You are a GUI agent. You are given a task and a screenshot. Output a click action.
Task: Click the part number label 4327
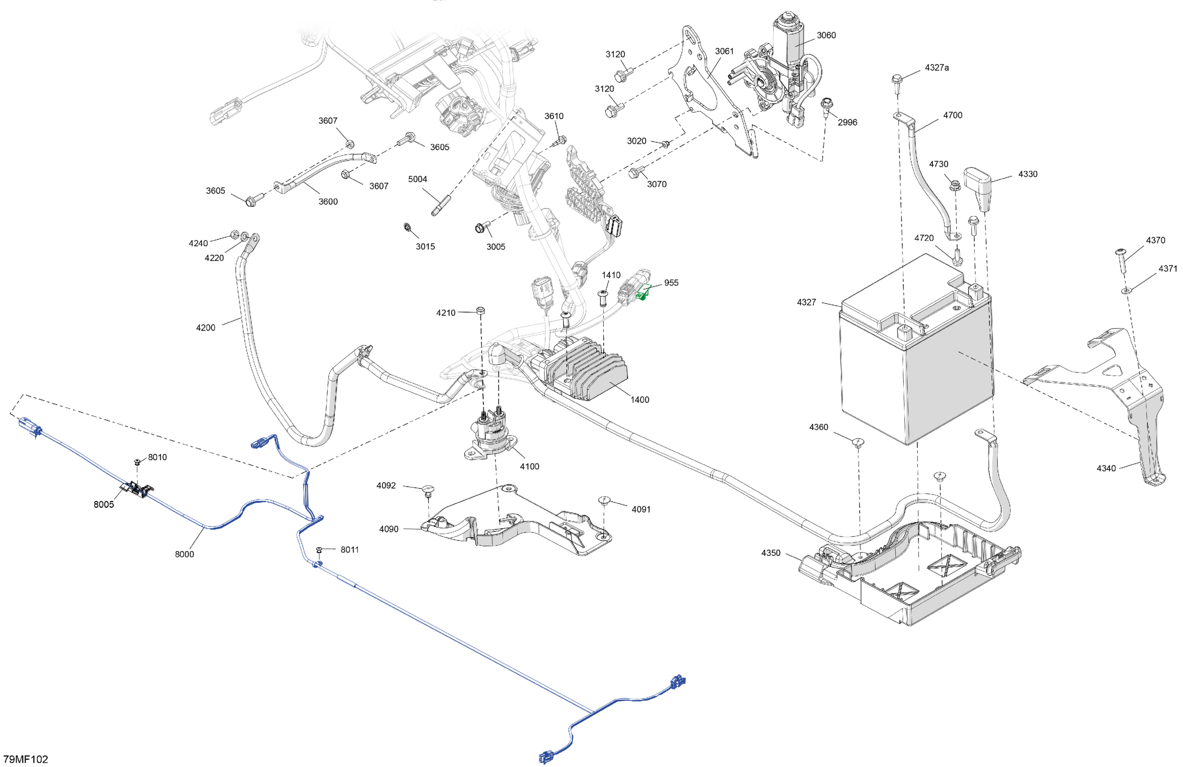[806, 302]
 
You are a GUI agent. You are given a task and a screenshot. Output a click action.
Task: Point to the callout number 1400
[639, 400]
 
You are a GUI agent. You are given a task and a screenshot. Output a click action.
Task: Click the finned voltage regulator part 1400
[587, 368]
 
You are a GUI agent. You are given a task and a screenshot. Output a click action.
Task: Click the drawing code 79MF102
[26, 759]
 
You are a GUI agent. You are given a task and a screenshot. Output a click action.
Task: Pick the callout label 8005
[103, 504]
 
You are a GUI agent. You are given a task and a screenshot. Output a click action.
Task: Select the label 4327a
[937, 68]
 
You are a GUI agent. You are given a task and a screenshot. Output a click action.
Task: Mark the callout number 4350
[771, 553]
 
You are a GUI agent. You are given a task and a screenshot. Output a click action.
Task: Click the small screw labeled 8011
[319, 550]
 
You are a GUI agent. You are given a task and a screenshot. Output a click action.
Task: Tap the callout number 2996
[847, 122]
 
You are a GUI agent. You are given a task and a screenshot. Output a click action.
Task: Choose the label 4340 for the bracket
[1106, 468]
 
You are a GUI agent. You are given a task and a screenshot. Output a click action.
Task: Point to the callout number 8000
[184, 554]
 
